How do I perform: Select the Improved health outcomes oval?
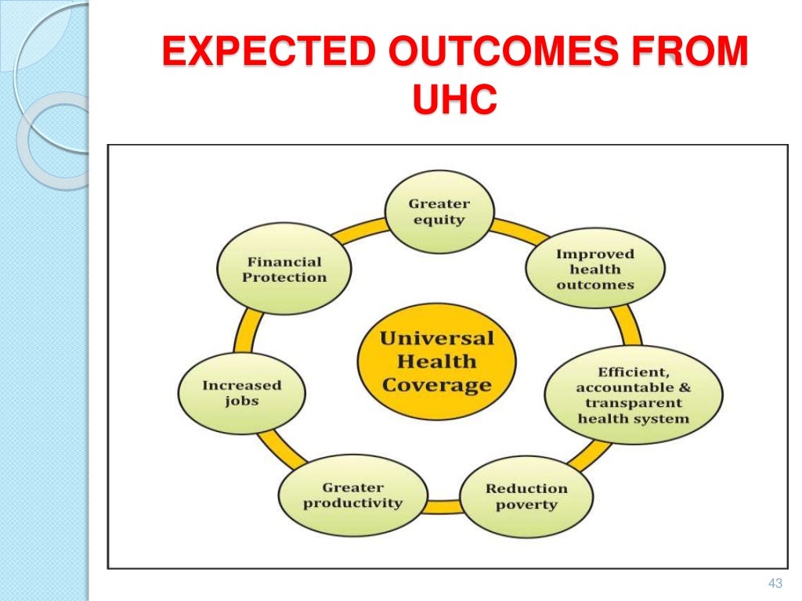point(594,269)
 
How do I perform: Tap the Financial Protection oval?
point(284,270)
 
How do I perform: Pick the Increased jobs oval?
point(241,393)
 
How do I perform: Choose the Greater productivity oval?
point(352,495)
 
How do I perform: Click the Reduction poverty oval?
point(526,496)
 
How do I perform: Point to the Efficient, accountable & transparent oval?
point(634,394)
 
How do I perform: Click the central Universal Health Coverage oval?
point(436,362)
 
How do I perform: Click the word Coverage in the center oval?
point(436,385)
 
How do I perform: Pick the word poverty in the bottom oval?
point(526,505)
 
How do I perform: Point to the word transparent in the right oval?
point(634,402)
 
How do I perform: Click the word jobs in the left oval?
point(241,401)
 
